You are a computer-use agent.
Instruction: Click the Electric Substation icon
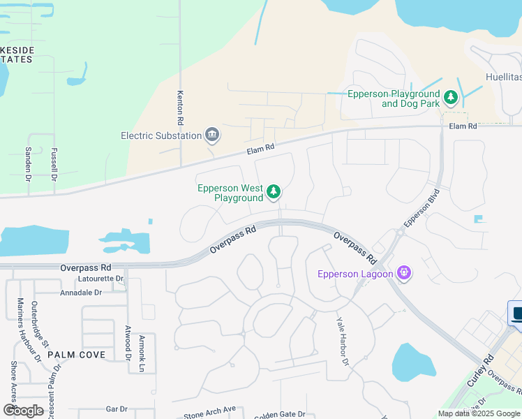[x=212, y=135]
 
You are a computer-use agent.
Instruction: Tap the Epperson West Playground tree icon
[x=274, y=191]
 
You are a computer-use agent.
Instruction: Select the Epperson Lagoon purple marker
[x=403, y=272]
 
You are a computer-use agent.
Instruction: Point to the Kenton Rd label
[x=180, y=108]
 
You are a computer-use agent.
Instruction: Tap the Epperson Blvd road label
[x=422, y=208]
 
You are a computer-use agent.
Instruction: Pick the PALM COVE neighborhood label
[x=77, y=355]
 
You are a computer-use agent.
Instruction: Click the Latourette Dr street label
[x=102, y=279]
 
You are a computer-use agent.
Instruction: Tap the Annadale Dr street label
[x=81, y=293]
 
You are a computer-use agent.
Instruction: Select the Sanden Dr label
[x=29, y=164]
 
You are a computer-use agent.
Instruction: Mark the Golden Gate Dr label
[x=279, y=414]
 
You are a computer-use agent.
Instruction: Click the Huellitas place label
[x=502, y=78]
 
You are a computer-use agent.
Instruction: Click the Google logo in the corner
[x=24, y=411]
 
